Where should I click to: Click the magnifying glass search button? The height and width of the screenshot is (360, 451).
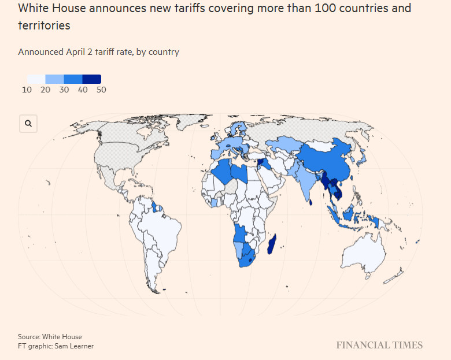(28, 124)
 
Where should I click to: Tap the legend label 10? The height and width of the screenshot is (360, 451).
(27, 90)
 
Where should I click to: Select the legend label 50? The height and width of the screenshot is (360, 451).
(101, 90)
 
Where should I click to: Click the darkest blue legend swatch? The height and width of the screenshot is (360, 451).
(92, 79)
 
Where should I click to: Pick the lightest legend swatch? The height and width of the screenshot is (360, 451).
(36, 79)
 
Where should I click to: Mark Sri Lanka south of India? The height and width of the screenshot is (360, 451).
(311, 202)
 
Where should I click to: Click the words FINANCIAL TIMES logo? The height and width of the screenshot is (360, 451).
(379, 345)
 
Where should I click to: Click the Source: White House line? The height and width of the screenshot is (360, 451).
(50, 337)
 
